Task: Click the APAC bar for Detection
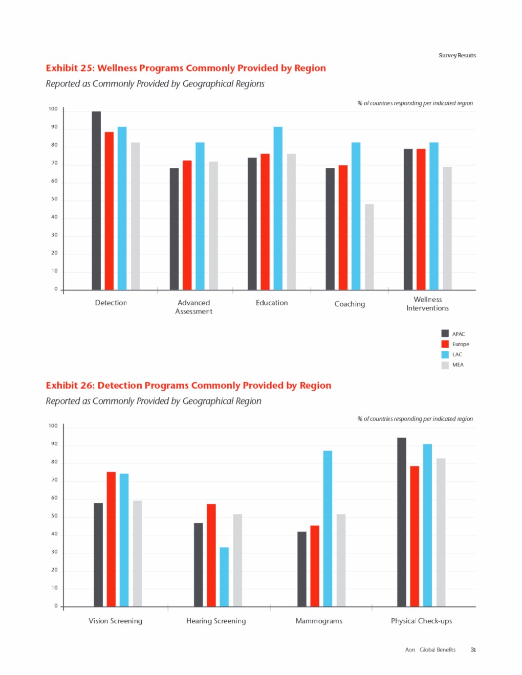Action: pyautogui.click(x=96, y=200)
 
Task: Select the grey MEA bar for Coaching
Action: pyautogui.click(x=369, y=247)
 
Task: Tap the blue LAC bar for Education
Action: pyautogui.click(x=278, y=208)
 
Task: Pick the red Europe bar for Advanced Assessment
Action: pyautogui.click(x=187, y=225)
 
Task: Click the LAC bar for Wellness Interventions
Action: pyautogui.click(x=434, y=216)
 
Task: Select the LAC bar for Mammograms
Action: pyautogui.click(x=328, y=528)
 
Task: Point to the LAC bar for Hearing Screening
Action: pyautogui.click(x=224, y=577)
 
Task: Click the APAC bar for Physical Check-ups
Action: pyautogui.click(x=402, y=522)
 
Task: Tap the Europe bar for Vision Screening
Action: pyautogui.click(x=111, y=539)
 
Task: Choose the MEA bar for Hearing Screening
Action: pyautogui.click(x=237, y=560)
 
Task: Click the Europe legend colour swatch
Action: pyautogui.click(x=445, y=344)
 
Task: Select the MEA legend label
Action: pyautogui.click(x=458, y=365)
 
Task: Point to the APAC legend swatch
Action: pyautogui.click(x=445, y=334)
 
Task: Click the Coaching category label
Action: pyautogui.click(x=350, y=304)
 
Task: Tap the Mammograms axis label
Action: pyautogui.click(x=319, y=621)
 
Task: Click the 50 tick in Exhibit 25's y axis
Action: pyautogui.click(x=54, y=199)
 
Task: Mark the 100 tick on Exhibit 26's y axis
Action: pyautogui.click(x=53, y=425)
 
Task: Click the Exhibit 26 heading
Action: pyautogui.click(x=188, y=386)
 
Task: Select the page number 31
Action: pyautogui.click(x=473, y=650)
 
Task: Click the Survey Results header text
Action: pyautogui.click(x=457, y=55)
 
